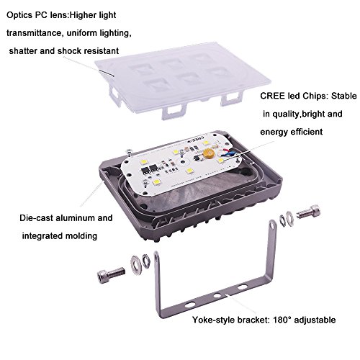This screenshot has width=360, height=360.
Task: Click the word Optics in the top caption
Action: pyautogui.click(x=19, y=16)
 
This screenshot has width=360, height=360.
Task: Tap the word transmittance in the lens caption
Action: pyautogui.click(x=35, y=33)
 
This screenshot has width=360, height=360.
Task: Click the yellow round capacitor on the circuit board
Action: pyautogui.click(x=207, y=153)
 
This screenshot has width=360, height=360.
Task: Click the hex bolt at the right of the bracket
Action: pyautogui.click(x=308, y=211)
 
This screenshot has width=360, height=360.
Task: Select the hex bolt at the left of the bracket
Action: pyautogui.click(x=111, y=274)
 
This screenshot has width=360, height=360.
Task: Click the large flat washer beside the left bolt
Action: pyautogui.click(x=135, y=264)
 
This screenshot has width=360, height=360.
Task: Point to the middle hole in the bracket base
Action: pyautogui.click(x=217, y=295)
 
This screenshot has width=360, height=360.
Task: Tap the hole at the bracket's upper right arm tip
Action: pyautogui.click(x=273, y=225)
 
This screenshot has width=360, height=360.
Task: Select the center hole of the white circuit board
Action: pyautogui.click(x=182, y=162)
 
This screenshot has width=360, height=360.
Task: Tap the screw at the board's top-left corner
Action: pyautogui.click(x=129, y=152)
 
